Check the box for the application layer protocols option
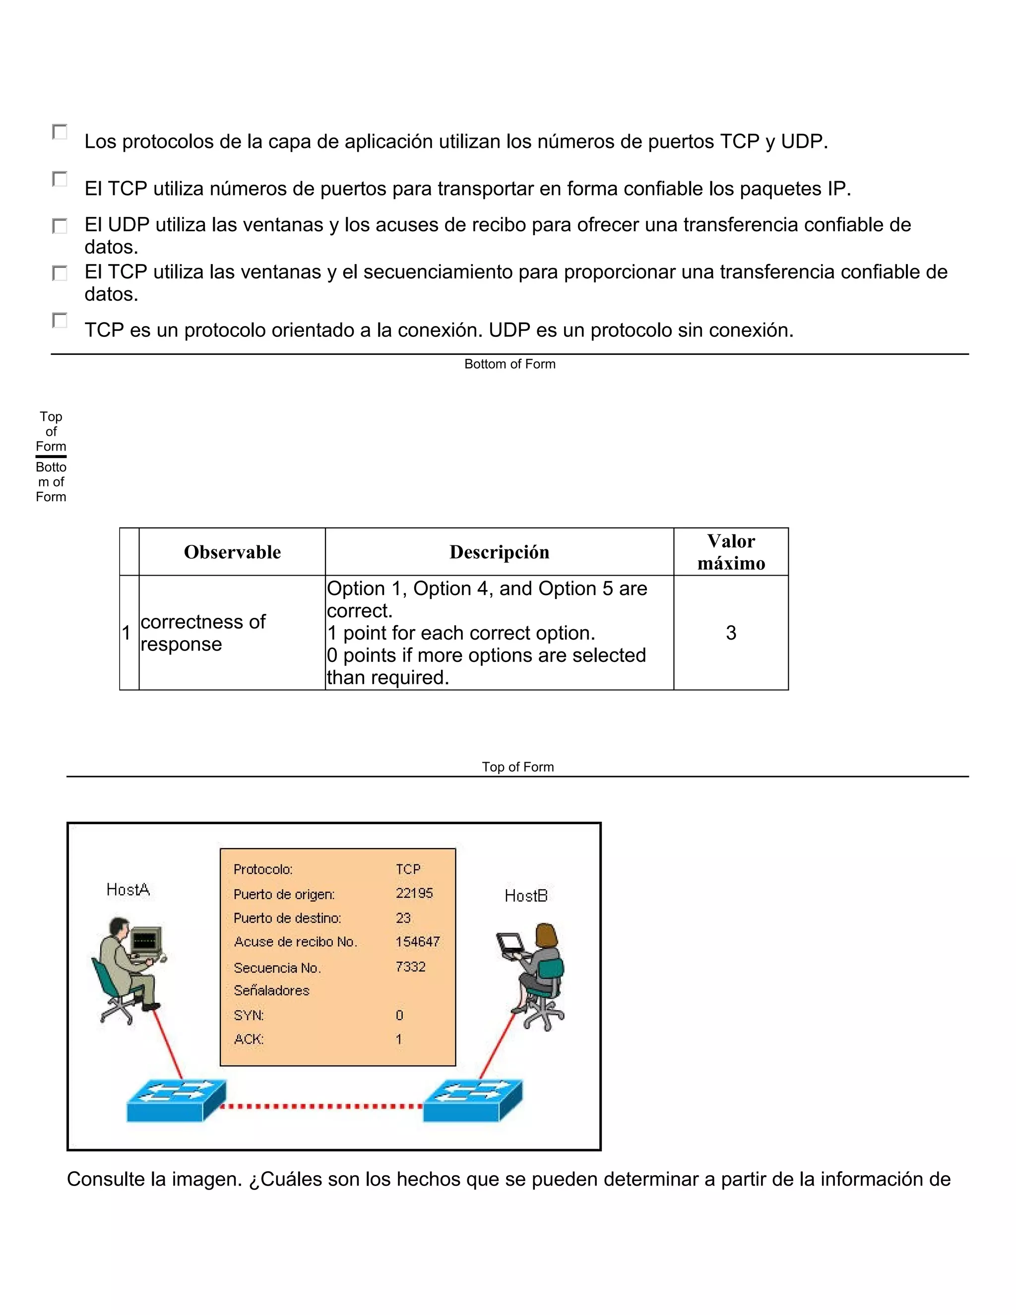point(60,132)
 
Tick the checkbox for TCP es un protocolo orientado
point(60,321)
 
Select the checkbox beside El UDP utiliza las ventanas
point(60,226)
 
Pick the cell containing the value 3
point(731,633)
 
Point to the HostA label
point(128,889)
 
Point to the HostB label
point(526,896)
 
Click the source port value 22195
point(414,893)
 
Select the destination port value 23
point(403,918)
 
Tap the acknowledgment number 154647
point(418,941)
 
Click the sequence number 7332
point(410,966)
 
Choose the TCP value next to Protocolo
point(408,869)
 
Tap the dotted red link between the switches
point(322,1106)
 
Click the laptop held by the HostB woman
point(510,944)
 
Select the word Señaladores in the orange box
point(271,990)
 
